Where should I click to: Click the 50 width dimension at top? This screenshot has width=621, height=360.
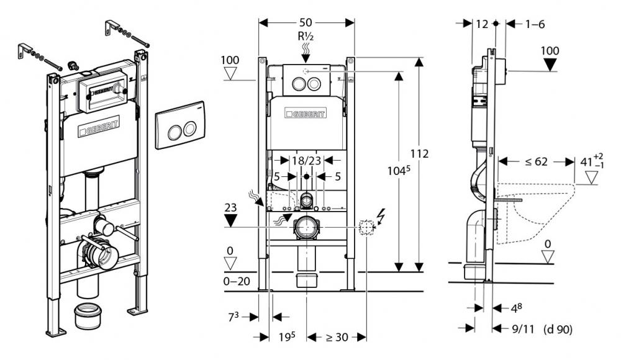(306, 22)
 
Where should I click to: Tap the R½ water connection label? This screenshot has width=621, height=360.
(306, 37)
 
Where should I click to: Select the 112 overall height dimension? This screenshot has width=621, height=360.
(419, 153)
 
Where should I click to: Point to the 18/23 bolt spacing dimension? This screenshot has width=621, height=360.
(306, 160)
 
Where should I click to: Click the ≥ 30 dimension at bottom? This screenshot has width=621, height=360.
(337, 337)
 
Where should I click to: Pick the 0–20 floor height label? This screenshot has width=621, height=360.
(237, 281)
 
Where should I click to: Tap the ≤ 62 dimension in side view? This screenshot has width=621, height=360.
(537, 161)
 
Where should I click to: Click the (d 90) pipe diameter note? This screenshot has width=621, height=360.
(558, 329)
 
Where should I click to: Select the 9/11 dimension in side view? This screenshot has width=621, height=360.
(523, 329)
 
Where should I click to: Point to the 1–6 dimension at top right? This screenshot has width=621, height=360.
(535, 24)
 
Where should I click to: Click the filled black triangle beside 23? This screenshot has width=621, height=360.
(230, 220)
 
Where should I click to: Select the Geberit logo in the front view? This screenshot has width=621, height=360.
(306, 113)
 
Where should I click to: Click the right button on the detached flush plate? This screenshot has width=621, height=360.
(189, 128)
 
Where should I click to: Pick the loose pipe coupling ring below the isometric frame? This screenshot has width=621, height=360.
(88, 316)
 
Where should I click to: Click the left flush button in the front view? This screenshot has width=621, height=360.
(299, 84)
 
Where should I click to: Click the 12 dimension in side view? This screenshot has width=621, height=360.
(482, 24)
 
